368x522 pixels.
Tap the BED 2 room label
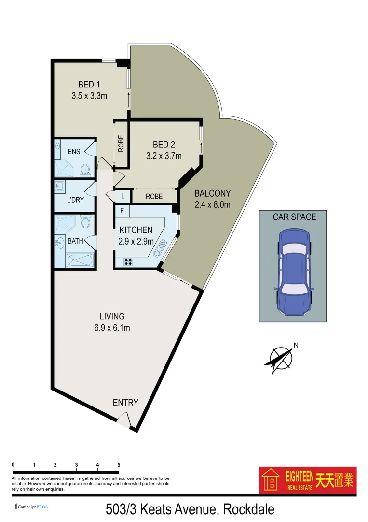point(164,145)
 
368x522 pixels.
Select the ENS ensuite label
point(74,152)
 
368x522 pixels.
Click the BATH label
point(75,241)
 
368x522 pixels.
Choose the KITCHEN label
point(136,230)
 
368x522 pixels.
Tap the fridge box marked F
point(122,211)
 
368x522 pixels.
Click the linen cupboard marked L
point(123,196)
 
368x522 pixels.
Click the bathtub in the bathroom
point(80,261)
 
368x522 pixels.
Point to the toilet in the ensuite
point(85,169)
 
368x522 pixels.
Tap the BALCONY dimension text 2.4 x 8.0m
point(213,204)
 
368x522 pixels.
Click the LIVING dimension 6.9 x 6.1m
point(112,328)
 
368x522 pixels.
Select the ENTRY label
point(125,403)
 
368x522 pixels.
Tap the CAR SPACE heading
point(294,217)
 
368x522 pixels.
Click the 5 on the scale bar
point(119,465)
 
